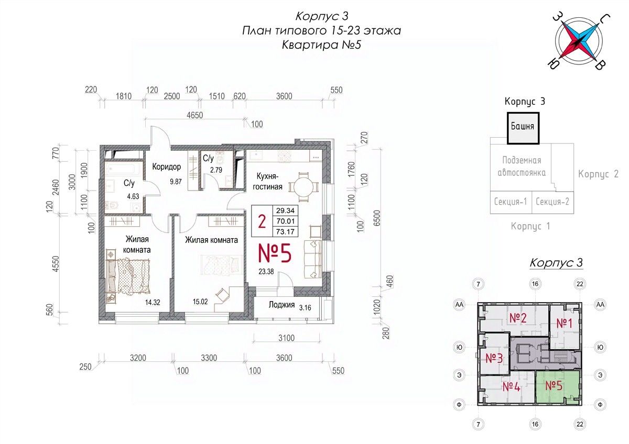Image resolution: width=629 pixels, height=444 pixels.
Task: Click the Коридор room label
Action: (167, 167)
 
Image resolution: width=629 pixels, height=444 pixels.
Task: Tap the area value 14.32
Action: (153, 302)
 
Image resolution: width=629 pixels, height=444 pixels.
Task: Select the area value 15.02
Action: (200, 302)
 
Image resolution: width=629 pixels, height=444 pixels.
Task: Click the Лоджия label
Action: (281, 305)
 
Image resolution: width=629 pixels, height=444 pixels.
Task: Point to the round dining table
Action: (303, 187)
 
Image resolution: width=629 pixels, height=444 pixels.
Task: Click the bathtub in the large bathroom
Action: (124, 169)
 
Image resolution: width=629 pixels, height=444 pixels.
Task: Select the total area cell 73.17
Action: (285, 231)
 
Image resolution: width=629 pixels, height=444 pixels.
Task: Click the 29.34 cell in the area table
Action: (285, 210)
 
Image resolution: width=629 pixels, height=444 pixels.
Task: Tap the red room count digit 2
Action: (262, 221)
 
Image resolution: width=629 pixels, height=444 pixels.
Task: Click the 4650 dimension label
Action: (195, 115)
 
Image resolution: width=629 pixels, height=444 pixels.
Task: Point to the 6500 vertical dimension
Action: (377, 218)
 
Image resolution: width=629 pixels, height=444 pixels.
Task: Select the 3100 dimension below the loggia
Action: (286, 338)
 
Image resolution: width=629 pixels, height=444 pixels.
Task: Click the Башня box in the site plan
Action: (523, 128)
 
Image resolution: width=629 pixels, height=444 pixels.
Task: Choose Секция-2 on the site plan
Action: (552, 202)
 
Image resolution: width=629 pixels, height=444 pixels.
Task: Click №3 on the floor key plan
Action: (494, 358)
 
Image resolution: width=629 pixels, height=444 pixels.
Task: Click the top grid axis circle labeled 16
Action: (535, 284)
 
